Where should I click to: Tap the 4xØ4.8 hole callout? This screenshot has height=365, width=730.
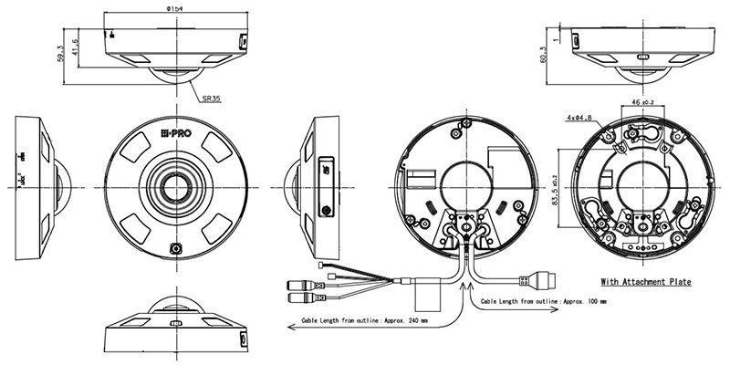(579, 118)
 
